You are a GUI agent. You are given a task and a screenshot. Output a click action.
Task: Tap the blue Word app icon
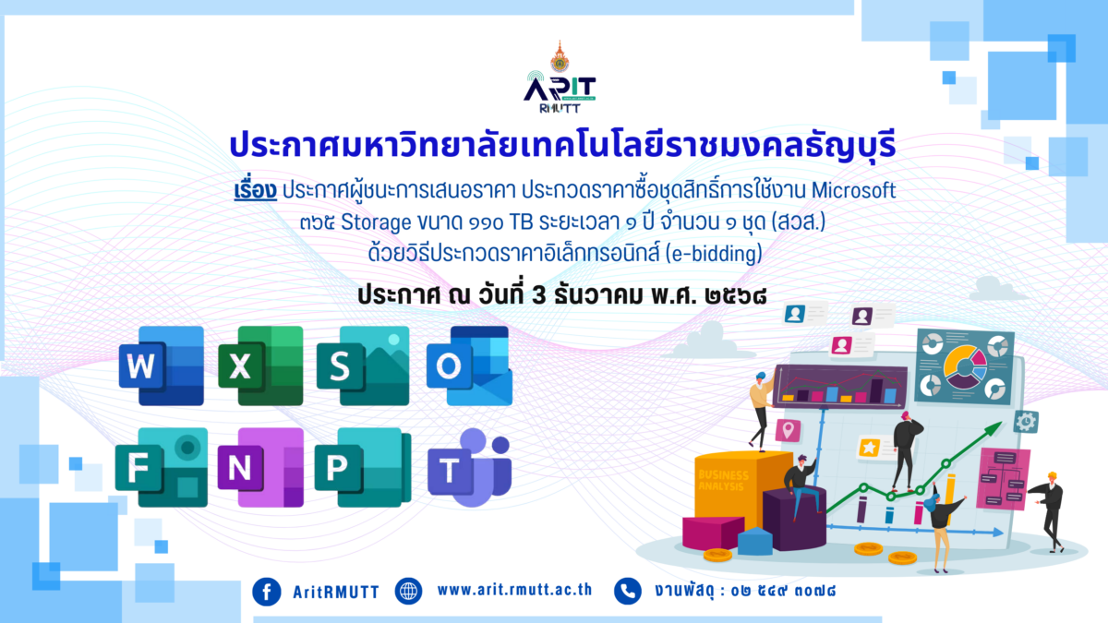(161, 366)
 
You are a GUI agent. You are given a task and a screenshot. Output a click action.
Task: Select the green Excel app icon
(259, 366)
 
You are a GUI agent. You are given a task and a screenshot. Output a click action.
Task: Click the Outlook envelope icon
(468, 366)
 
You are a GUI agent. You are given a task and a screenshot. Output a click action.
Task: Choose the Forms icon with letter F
(161, 468)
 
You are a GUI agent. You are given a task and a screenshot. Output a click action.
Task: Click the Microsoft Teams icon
(469, 468)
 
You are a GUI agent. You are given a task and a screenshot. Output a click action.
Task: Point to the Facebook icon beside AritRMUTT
(266, 591)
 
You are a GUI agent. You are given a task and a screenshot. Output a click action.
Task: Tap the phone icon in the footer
(628, 591)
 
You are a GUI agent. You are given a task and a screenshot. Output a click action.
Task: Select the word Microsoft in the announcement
(854, 191)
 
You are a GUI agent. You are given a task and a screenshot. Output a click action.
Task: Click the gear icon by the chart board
(1026, 422)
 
